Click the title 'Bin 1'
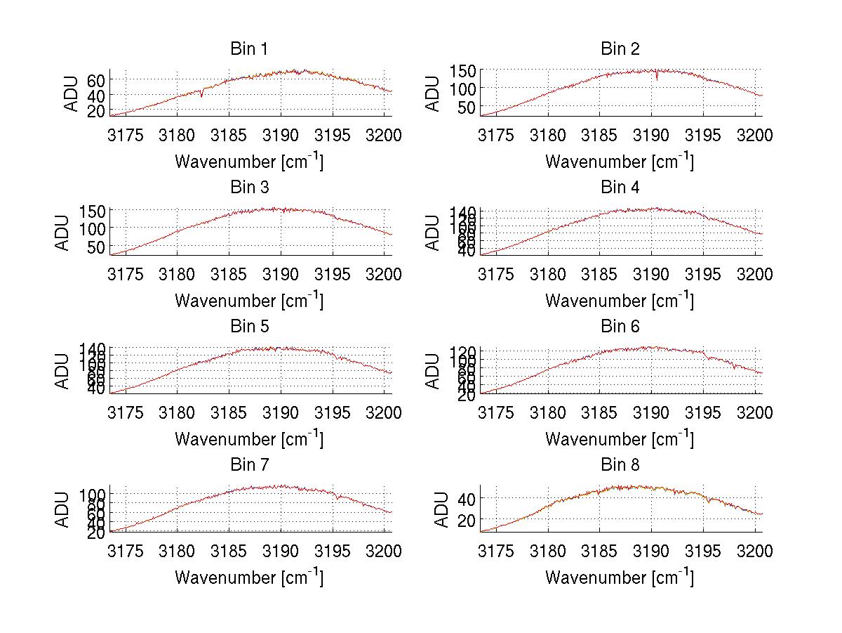click(248, 49)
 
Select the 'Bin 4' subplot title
click(620, 188)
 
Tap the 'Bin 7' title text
click(248, 465)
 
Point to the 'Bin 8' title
click(620, 465)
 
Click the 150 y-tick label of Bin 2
click(458, 70)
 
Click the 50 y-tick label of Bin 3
click(96, 247)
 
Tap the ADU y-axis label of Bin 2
click(434, 93)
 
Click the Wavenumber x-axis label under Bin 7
click(248, 577)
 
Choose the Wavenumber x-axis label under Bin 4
click(620, 300)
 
